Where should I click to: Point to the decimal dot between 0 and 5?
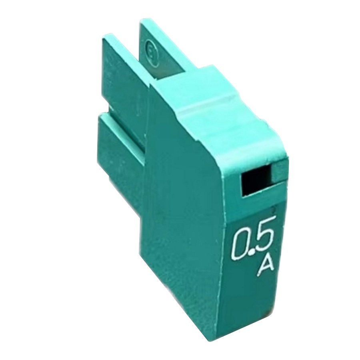tap(251, 252)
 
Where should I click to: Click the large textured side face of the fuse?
tap(180, 220)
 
